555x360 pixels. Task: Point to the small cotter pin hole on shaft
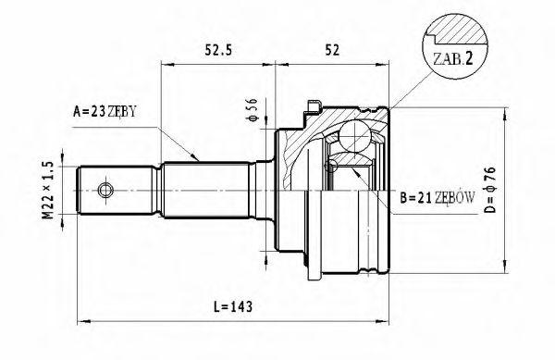point(105,191)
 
